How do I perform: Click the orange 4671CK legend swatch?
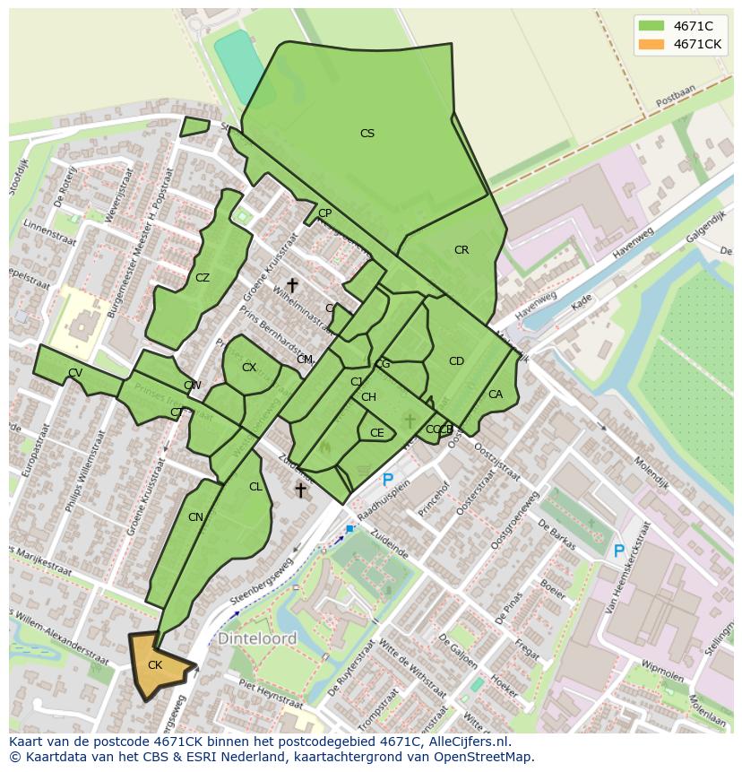(x=651, y=44)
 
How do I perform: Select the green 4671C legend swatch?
(x=651, y=26)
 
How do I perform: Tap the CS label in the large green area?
(x=367, y=134)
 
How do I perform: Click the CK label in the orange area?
(x=155, y=665)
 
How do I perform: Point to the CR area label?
(x=462, y=250)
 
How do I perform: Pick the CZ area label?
(x=203, y=278)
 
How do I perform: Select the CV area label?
(x=75, y=373)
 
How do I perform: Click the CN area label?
(x=195, y=517)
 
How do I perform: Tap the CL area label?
(x=255, y=487)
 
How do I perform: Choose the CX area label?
(x=249, y=368)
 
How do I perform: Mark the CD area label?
(x=456, y=361)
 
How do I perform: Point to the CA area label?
(x=496, y=395)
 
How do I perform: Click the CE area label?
(x=377, y=433)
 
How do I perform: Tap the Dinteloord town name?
(x=257, y=639)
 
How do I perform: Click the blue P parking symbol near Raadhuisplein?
(x=387, y=481)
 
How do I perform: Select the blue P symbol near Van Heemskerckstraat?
(x=618, y=551)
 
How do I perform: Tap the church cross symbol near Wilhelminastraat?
(x=292, y=284)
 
